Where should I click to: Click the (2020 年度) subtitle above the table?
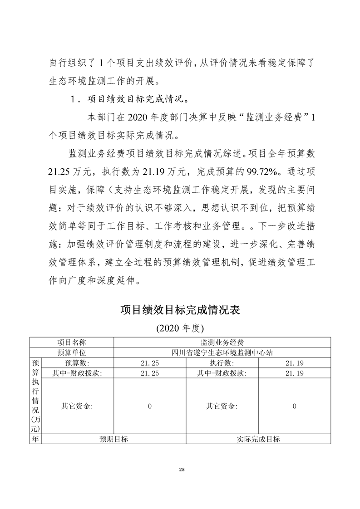tap(180, 328)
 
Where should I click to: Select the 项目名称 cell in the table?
tap(71, 342)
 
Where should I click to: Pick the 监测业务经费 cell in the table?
tap(222, 342)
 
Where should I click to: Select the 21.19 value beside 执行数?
tap(294, 363)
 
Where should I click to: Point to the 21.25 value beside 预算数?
tap(150, 363)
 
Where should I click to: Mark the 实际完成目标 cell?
tap(258, 439)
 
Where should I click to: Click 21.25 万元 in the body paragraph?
tap(71, 172)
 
